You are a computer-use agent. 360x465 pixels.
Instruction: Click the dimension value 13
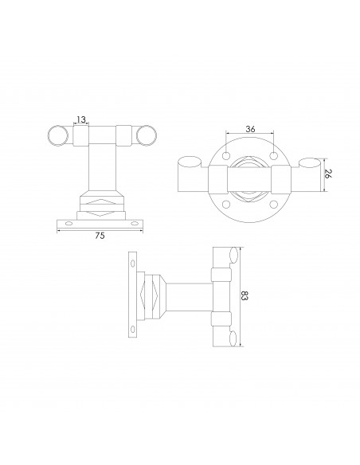click(x=81, y=119)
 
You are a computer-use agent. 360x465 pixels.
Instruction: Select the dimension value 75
click(x=100, y=236)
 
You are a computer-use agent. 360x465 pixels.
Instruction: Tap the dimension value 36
click(x=250, y=129)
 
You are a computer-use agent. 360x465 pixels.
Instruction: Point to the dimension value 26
click(x=327, y=174)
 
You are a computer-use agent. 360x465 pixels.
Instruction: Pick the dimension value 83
click(x=244, y=295)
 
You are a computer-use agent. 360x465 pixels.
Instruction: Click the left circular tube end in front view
click(x=58, y=135)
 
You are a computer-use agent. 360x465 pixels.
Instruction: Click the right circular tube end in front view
click(x=147, y=135)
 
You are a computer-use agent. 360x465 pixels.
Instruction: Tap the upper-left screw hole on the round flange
click(x=226, y=155)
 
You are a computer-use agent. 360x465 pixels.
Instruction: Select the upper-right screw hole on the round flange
click(x=274, y=155)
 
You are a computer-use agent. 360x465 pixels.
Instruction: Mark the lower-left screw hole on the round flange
click(x=226, y=205)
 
